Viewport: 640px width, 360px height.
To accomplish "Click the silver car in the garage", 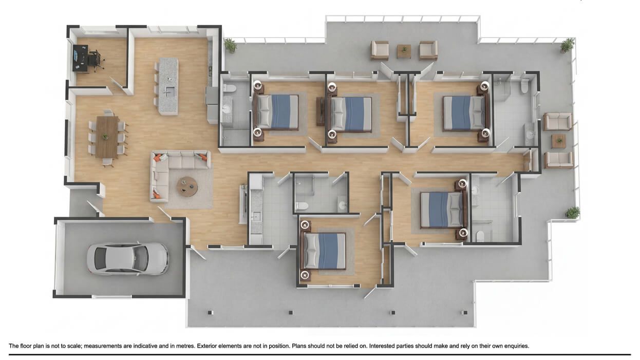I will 127,258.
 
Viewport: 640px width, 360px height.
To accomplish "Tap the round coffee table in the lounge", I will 187,186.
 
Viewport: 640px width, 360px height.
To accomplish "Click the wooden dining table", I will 107,137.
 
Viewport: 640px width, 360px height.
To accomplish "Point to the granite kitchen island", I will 168,86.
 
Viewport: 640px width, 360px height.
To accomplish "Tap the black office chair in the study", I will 95,59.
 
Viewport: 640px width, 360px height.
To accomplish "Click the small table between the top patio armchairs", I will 404,51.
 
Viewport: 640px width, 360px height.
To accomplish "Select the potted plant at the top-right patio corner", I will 567,45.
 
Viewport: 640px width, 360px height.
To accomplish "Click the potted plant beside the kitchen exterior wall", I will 231,46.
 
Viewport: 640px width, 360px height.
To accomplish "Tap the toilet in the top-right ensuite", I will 524,86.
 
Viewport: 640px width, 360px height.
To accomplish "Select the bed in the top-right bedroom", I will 463,112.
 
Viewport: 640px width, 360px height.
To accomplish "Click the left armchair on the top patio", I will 380,50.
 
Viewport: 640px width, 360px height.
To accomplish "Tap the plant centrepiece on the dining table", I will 105,137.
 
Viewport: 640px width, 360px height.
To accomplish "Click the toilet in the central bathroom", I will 302,206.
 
